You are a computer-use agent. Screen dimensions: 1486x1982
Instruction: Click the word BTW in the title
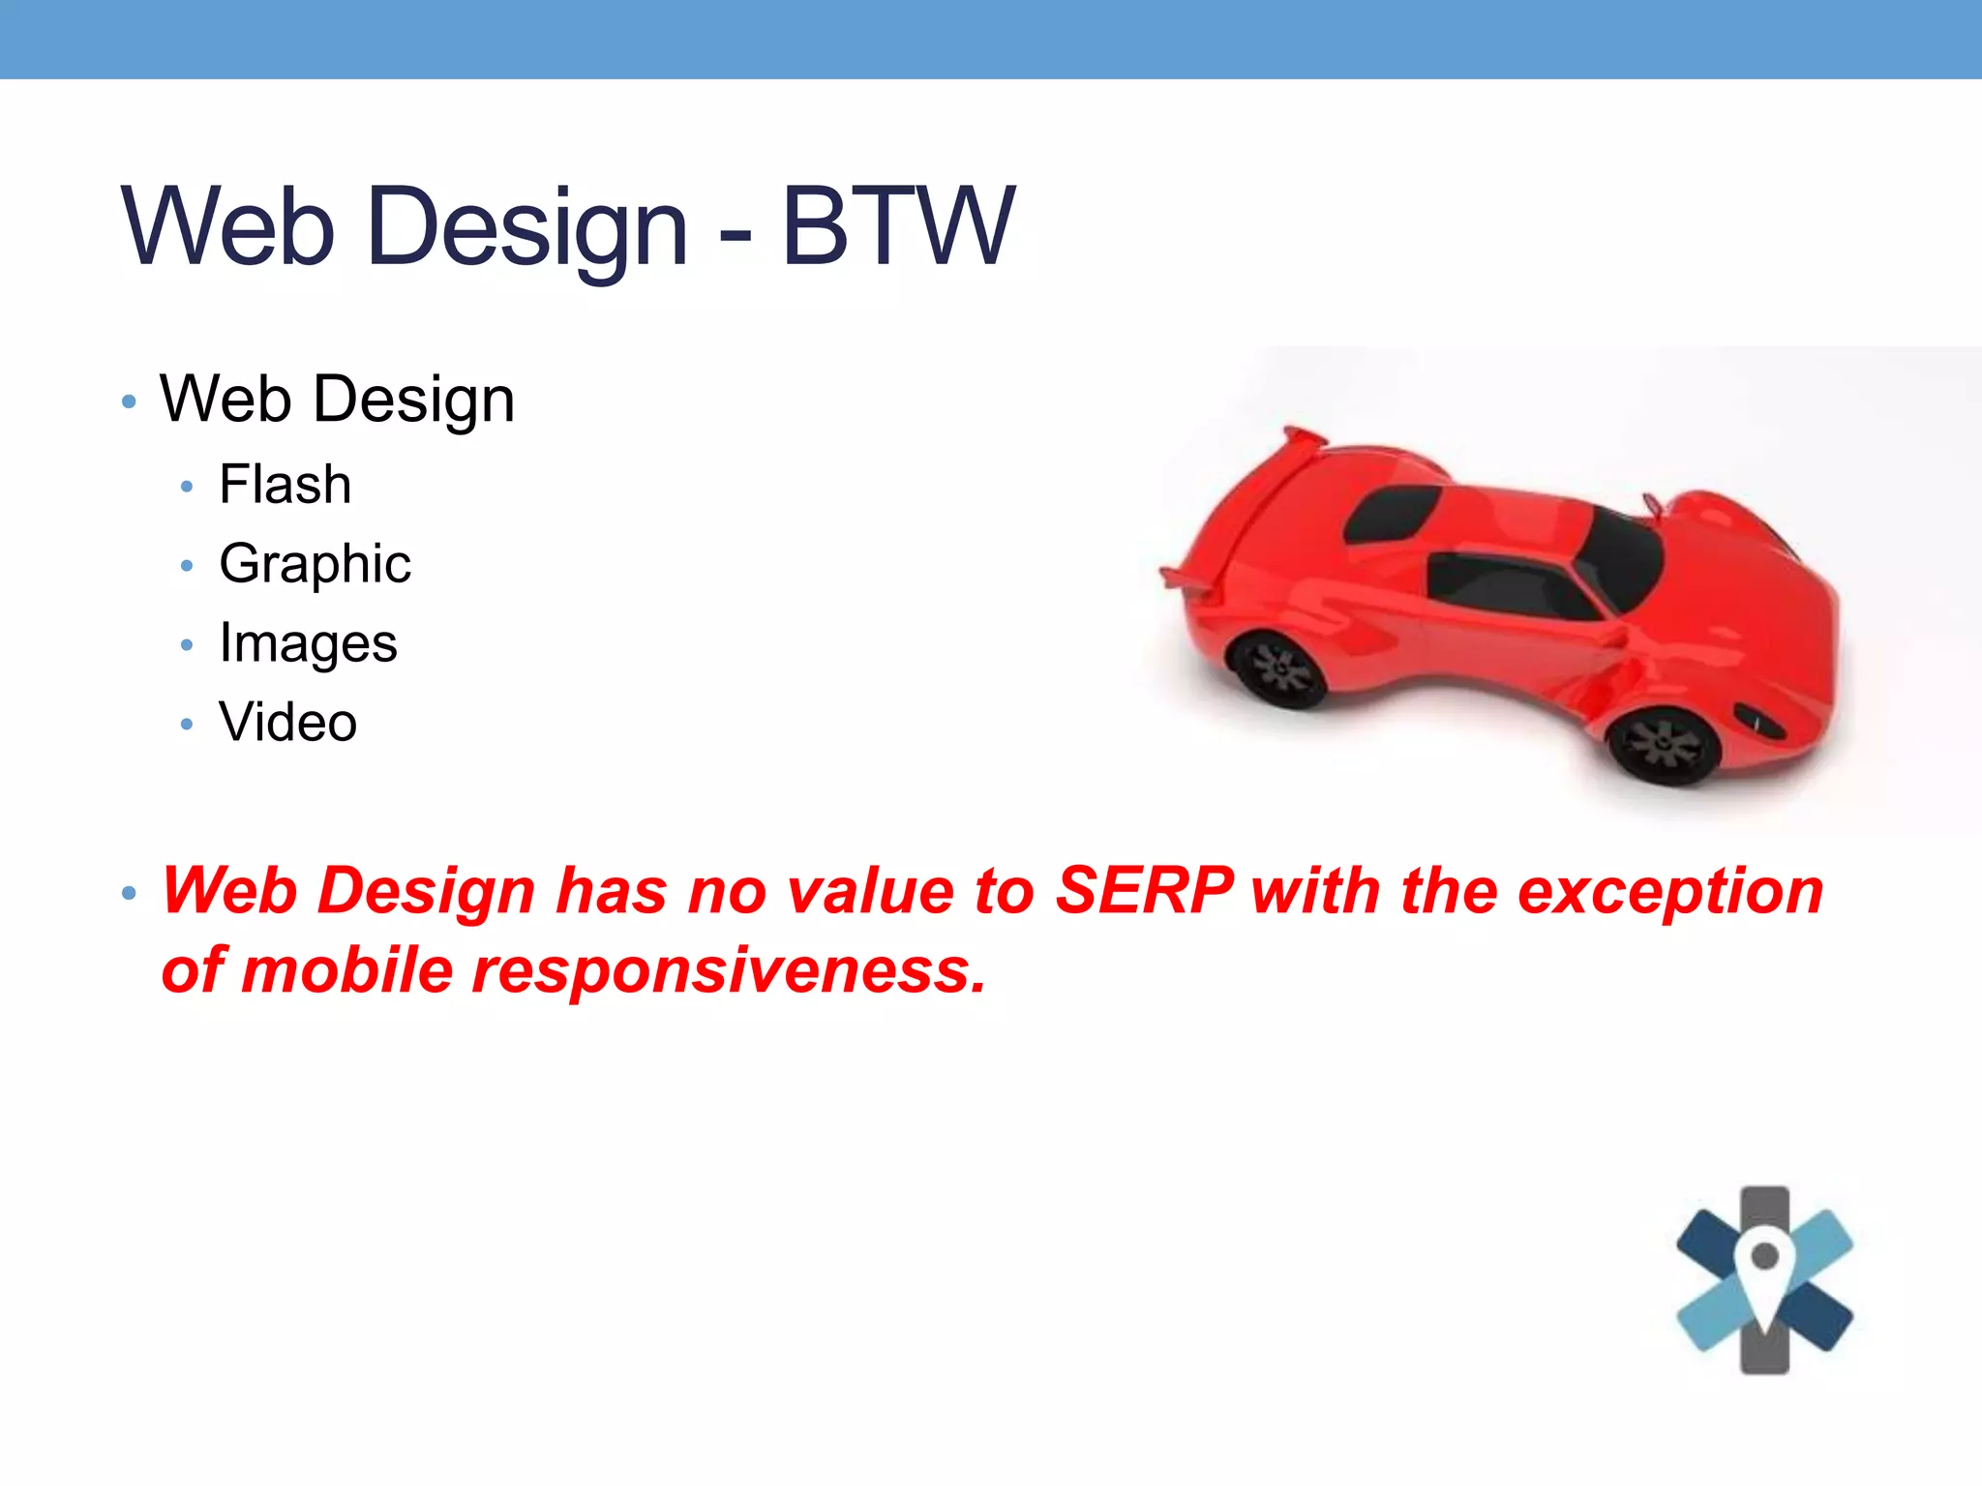(898, 226)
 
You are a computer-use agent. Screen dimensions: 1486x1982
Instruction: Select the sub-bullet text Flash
(285, 485)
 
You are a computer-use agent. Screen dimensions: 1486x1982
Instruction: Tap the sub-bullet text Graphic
(315, 565)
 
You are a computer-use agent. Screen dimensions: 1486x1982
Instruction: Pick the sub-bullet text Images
(308, 644)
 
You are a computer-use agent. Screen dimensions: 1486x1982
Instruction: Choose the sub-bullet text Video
(287, 723)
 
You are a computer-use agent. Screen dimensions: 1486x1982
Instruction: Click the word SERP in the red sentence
(1144, 890)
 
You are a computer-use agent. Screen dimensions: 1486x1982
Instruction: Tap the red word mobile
(346, 970)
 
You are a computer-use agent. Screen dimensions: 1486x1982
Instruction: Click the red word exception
(1670, 890)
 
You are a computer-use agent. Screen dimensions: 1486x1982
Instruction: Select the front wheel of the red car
(1664, 745)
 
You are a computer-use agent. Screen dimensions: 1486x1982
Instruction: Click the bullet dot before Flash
(187, 487)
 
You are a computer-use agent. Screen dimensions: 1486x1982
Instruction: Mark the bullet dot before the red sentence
(129, 893)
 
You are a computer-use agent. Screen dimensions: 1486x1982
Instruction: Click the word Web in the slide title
(228, 226)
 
